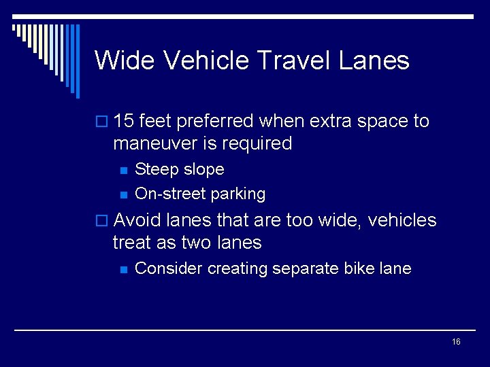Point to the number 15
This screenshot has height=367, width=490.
coord(123,122)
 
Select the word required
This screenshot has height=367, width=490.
coord(259,143)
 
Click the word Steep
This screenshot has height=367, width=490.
coord(156,169)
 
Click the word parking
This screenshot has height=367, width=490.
coord(238,194)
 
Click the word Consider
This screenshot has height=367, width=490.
coord(169,268)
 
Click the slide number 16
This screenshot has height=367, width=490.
coord(456,342)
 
